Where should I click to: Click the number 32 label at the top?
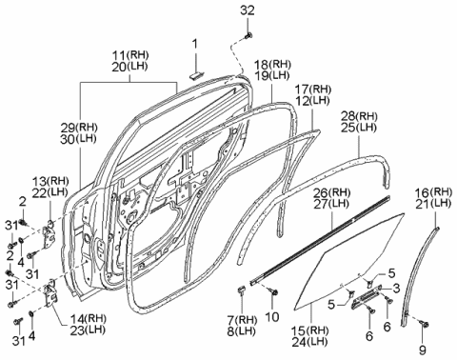point(248,10)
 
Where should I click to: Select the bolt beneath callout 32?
point(248,36)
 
